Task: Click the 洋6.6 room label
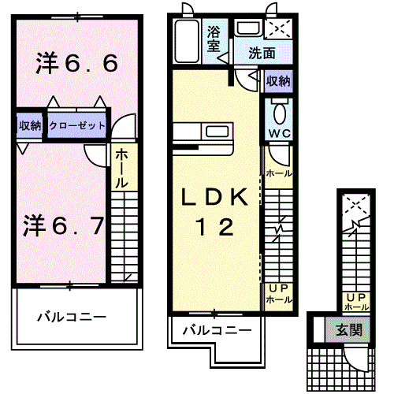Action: click(x=76, y=64)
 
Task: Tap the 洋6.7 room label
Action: click(x=62, y=225)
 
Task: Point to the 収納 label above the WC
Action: click(x=278, y=81)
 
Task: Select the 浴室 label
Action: click(x=214, y=39)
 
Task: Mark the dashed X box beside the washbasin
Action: click(x=280, y=30)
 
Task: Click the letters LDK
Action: click(x=214, y=196)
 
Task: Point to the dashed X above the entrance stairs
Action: click(x=357, y=206)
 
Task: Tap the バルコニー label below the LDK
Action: click(x=217, y=330)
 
